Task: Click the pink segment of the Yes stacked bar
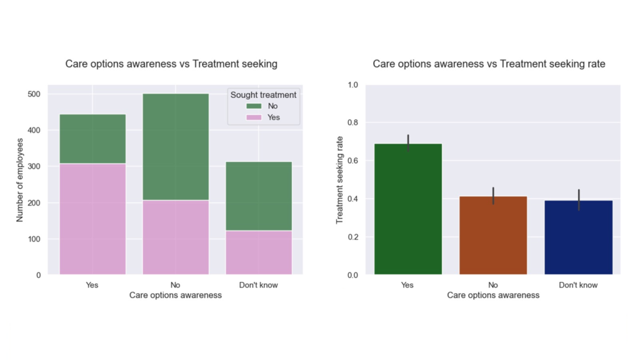(92, 219)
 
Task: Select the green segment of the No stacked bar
(176, 147)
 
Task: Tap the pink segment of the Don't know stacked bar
(259, 252)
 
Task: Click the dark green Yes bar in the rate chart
(408, 209)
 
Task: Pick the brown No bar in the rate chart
(493, 236)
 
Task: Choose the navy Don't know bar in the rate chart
(578, 237)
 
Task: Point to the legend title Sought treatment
(263, 95)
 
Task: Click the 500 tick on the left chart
(34, 94)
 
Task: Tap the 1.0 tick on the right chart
(354, 84)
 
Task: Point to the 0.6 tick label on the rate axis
(354, 161)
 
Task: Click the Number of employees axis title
(20, 181)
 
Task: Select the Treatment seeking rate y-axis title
(340, 180)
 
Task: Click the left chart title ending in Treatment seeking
(171, 64)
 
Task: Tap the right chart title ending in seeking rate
(489, 64)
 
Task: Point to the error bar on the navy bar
(578, 200)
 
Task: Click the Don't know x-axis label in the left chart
(259, 285)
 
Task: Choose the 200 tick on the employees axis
(34, 203)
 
